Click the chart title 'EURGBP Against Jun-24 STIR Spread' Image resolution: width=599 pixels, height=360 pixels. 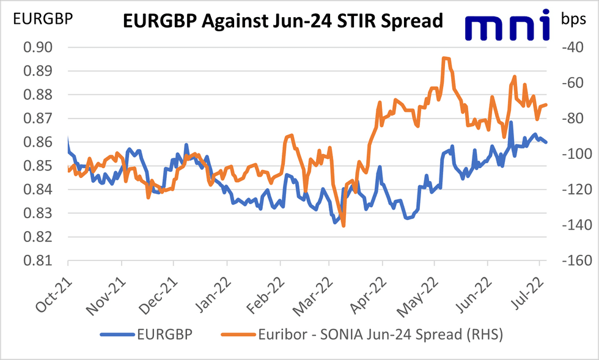pos(282,21)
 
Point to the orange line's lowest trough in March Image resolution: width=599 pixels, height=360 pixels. pos(344,226)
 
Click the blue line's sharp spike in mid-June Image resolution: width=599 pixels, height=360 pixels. pos(510,123)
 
